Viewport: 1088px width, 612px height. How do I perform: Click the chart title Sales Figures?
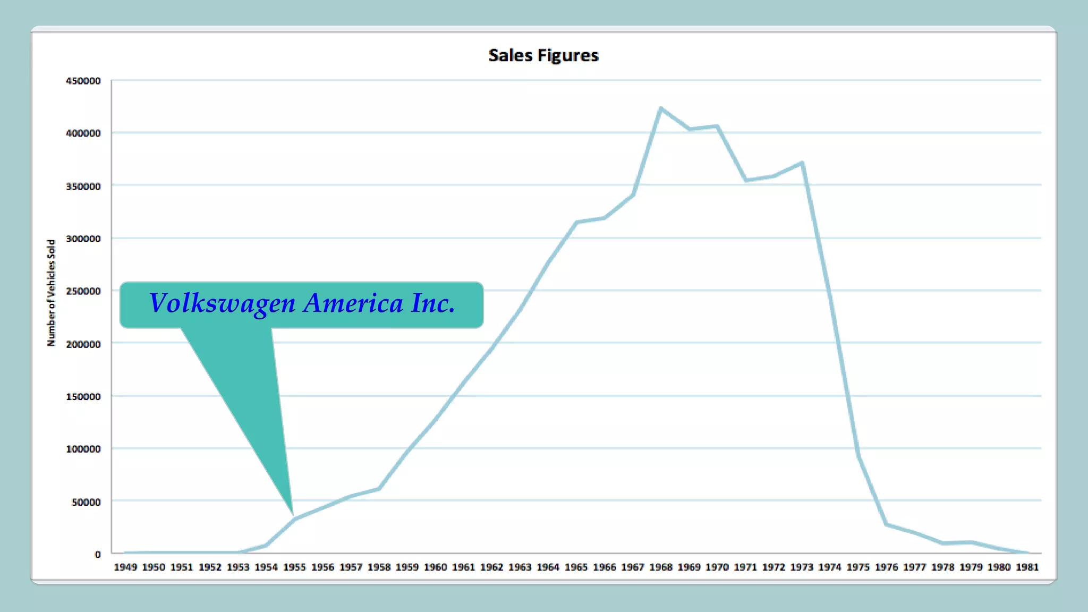(543, 55)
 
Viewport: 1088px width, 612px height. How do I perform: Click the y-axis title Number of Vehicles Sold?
(51, 293)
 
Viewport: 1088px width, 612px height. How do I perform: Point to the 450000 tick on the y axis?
(83, 81)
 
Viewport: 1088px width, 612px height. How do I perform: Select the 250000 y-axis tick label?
(83, 291)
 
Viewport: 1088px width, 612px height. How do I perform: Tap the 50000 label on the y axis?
(86, 502)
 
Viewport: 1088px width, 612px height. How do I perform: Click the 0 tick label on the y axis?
(98, 554)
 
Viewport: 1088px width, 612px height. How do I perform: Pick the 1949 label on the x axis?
(125, 567)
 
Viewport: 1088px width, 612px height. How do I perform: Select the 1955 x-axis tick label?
(294, 567)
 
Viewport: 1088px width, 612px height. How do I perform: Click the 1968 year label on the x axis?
(661, 567)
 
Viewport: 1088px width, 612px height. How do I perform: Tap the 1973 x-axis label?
(802, 567)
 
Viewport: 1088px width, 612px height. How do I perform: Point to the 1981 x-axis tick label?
(1027, 567)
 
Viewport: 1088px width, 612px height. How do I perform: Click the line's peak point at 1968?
(661, 109)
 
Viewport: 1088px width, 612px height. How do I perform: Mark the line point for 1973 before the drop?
(802, 163)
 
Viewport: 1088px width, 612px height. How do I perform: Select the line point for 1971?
(746, 181)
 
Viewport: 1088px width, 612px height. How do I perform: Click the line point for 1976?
(886, 524)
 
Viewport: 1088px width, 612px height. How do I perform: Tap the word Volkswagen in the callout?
(222, 303)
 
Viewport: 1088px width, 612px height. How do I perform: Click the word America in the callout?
(353, 303)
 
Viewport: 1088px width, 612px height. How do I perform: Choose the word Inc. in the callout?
(433, 303)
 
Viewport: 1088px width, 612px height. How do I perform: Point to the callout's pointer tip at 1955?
(293, 514)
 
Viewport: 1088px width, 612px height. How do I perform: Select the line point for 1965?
(576, 222)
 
